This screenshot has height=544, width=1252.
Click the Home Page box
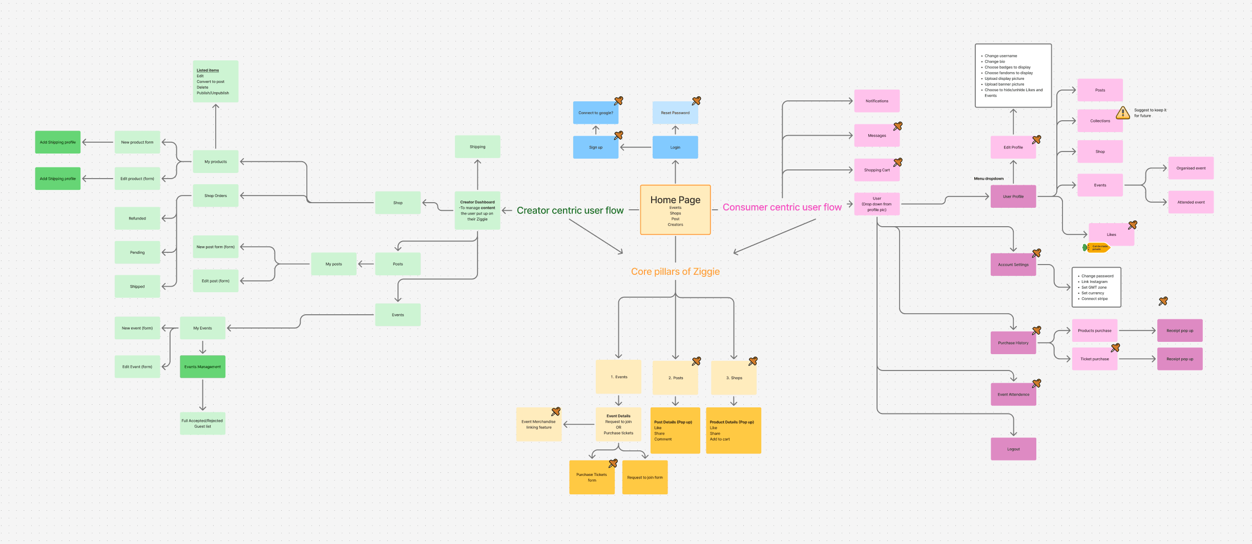[x=675, y=210]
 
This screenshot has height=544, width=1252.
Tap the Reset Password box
[x=675, y=113]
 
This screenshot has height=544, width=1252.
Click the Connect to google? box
[x=595, y=113]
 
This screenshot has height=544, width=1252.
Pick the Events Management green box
[x=202, y=367]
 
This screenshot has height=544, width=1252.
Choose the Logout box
[x=1013, y=449]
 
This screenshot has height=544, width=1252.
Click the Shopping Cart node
[x=877, y=170]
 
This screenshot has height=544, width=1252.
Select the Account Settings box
[x=1013, y=265]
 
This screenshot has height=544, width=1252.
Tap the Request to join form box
[x=644, y=477]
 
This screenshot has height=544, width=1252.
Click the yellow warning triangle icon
[x=1122, y=113]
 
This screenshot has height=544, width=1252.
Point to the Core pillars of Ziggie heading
[x=675, y=272]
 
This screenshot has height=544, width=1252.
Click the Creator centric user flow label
[x=570, y=210]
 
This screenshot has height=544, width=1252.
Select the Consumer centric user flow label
[x=782, y=207]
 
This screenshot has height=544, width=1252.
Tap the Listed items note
[x=215, y=81]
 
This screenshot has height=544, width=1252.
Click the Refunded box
[x=137, y=219]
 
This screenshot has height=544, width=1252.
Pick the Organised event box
[x=1191, y=168]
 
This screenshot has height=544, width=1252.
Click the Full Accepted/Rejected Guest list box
[x=202, y=424]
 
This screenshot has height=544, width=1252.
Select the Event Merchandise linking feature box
[x=538, y=425]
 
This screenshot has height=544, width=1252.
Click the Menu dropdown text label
[x=988, y=179]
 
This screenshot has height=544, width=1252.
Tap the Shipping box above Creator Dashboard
[x=477, y=147]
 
